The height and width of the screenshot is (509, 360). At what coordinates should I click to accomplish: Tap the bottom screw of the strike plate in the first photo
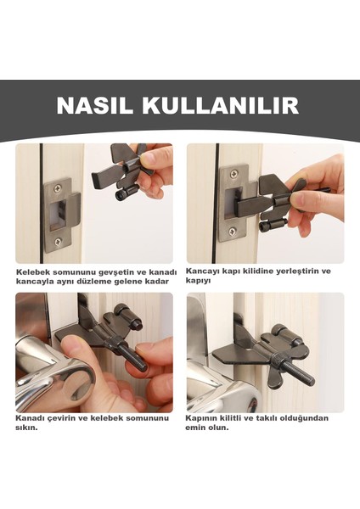(x=57, y=242)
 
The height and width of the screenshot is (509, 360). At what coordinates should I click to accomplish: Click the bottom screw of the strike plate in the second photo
(x=231, y=231)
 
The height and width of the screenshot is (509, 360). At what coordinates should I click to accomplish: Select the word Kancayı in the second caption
(x=205, y=271)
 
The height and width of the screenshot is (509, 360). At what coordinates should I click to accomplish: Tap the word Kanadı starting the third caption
(x=31, y=418)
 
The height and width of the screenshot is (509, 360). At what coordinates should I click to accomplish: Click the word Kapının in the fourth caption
(x=205, y=418)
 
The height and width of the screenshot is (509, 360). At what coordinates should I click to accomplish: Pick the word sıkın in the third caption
(x=25, y=428)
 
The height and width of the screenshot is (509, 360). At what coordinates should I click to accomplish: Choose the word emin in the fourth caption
(x=197, y=428)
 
